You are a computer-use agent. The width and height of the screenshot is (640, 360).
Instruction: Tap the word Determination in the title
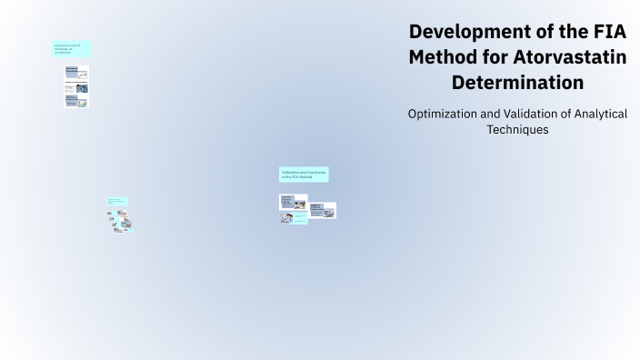point(517,83)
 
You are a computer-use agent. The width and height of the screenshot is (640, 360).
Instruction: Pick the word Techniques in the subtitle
point(517,130)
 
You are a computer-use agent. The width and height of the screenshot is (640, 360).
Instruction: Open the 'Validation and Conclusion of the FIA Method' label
point(304,174)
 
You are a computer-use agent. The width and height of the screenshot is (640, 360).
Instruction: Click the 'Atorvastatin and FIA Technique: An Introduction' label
point(71,49)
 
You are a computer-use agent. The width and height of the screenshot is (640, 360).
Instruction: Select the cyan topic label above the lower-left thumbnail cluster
point(117,201)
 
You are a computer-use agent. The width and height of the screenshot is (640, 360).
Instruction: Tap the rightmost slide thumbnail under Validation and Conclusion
point(323,210)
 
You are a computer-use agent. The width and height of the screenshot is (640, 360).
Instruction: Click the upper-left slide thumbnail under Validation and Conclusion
point(293,202)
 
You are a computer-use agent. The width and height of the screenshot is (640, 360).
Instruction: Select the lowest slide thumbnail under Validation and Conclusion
point(293,218)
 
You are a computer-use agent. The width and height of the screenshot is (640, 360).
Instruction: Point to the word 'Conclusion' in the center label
point(315,171)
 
